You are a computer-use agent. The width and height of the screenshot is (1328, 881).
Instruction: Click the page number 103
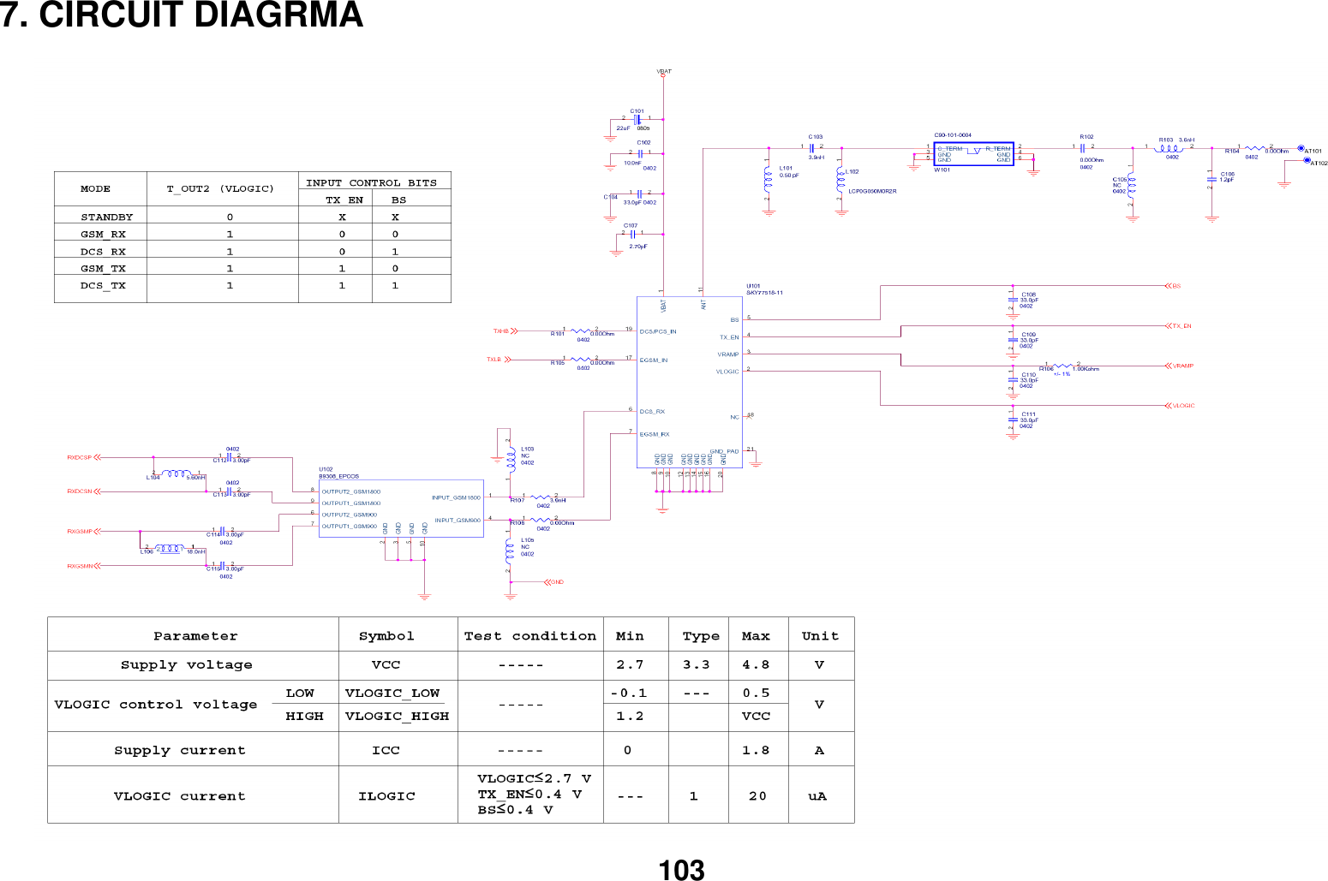(681, 870)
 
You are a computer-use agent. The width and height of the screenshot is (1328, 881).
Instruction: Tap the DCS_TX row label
(103, 286)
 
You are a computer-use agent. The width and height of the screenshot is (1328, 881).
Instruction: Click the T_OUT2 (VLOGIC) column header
(220, 189)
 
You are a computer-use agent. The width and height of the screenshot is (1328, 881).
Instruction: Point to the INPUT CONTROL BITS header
(371, 183)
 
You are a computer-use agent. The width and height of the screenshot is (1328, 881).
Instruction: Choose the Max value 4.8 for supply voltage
(756, 665)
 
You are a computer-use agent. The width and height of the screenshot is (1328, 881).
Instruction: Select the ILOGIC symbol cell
(386, 796)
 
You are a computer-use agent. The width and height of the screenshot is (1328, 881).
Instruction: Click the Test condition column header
(529, 636)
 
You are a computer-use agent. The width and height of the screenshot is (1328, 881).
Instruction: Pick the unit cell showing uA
(817, 796)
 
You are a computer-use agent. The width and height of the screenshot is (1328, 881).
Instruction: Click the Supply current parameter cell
(180, 751)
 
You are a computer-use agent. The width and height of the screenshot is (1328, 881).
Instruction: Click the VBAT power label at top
(664, 72)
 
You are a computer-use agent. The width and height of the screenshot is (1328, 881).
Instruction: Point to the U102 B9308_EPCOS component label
(338, 473)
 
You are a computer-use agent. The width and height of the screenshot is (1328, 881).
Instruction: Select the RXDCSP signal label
(79, 458)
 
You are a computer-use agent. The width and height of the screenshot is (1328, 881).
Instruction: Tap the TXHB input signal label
(500, 331)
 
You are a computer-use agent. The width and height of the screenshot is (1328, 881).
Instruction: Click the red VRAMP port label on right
(1182, 366)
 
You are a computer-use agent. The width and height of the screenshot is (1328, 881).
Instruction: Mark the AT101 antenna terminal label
(1313, 152)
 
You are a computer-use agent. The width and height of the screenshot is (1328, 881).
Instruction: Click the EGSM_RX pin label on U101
(655, 435)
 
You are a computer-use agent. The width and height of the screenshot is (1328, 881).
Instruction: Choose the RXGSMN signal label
(80, 567)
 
